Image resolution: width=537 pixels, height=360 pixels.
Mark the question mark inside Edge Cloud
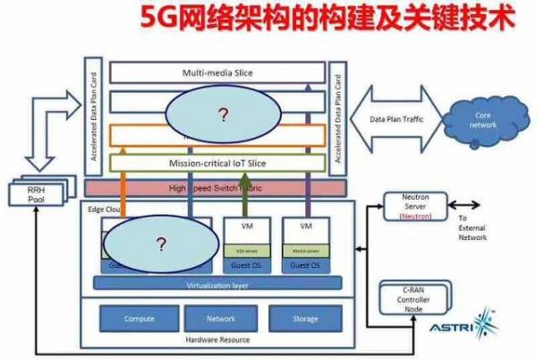tap(161, 243)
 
